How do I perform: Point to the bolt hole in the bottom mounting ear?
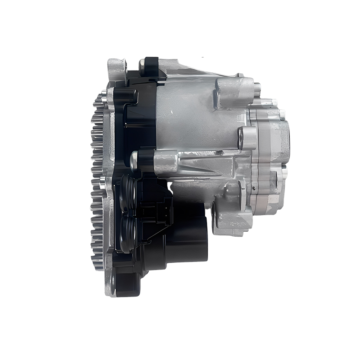112,281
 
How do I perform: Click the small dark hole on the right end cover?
255,189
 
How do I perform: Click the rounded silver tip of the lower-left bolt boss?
133,161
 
